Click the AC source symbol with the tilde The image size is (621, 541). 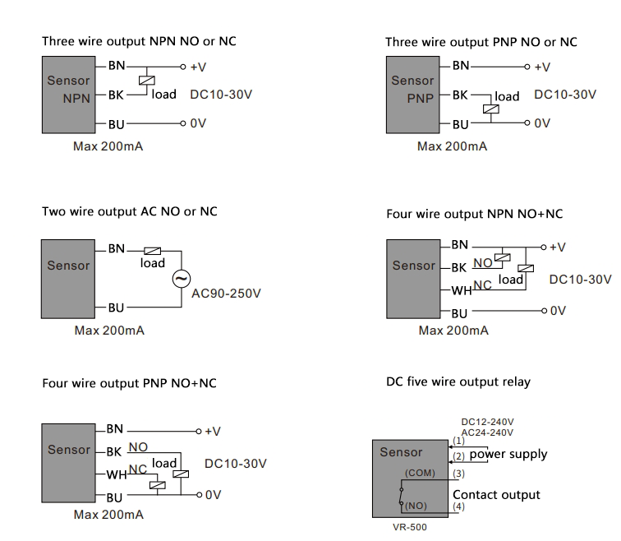(x=181, y=279)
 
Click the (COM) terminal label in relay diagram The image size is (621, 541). (x=421, y=473)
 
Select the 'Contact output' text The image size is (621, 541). (x=496, y=494)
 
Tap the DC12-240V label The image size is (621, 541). (x=487, y=422)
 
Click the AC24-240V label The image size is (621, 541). (x=487, y=432)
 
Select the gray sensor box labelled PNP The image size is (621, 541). (x=412, y=95)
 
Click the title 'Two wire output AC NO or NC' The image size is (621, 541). (x=130, y=211)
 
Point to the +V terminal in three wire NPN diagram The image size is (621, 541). (x=196, y=66)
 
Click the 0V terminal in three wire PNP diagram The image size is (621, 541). (x=541, y=123)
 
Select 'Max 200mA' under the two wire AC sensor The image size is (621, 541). (x=108, y=331)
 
